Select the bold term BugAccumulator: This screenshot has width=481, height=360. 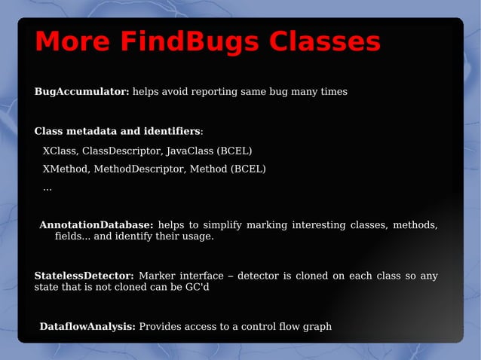pos(82,92)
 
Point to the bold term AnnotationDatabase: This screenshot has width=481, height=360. pos(97,225)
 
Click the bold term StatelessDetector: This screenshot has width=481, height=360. pos(84,276)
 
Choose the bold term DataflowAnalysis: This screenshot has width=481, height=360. pos(87,327)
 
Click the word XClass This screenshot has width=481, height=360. pos(60,151)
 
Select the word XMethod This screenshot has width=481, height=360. pos(66,169)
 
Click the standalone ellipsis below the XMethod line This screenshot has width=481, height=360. pos(47,188)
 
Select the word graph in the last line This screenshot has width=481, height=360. pos(317,327)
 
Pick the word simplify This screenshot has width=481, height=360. pos(219,225)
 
